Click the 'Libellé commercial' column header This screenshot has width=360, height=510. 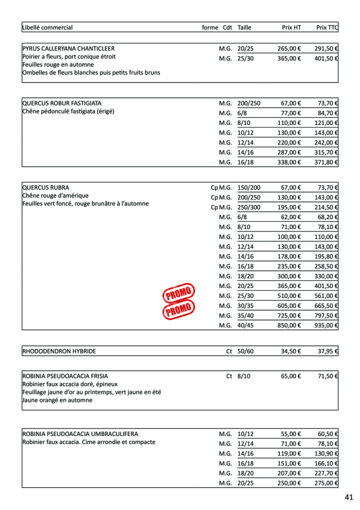tap(47, 28)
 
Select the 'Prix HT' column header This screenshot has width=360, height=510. tap(291, 28)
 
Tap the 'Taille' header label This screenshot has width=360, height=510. tap(244, 28)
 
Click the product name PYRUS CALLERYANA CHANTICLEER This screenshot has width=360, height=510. tap(68, 49)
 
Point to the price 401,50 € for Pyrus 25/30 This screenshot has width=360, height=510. tap(327, 59)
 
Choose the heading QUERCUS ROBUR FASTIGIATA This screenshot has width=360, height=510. tap(62, 103)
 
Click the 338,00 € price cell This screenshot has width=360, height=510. tap(289, 162)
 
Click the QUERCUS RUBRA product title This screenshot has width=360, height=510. tap(46, 188)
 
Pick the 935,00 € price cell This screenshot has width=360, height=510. tap(327, 325)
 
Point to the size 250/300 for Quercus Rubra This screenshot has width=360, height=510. tap(249, 208)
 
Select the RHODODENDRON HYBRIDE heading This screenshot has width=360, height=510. tap(59, 351)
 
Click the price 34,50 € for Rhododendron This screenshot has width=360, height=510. tap(291, 351)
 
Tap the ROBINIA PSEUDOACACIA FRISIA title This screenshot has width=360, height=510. tap(65, 376)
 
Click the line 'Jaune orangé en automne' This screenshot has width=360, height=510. tap(58, 400)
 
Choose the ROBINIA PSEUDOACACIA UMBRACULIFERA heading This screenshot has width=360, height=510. tap(80, 434)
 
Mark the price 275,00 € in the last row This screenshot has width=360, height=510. tap(327, 483)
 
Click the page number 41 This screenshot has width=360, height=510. tap(349, 497)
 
